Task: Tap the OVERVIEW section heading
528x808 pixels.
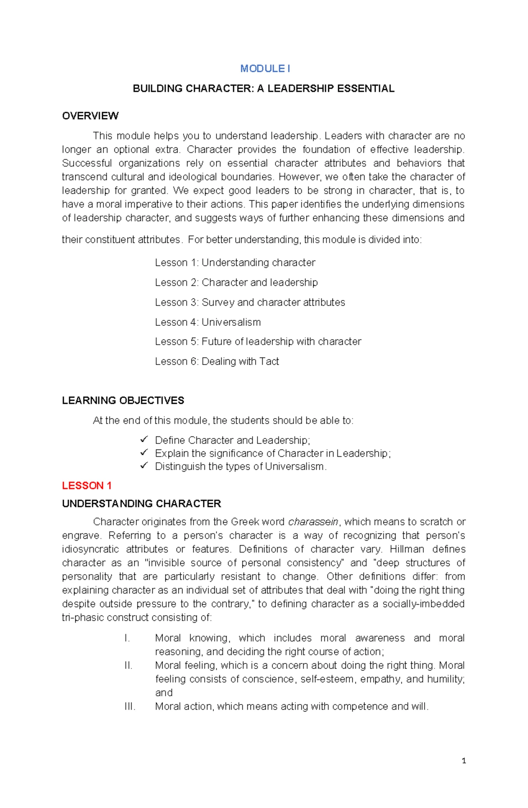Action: pyautogui.click(x=90, y=116)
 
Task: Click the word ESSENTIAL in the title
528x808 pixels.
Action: pyautogui.click(x=365, y=89)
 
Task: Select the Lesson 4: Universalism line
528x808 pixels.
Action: pyautogui.click(x=208, y=322)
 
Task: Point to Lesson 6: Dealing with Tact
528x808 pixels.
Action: pyautogui.click(x=217, y=362)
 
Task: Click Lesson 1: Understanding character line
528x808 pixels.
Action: pyautogui.click(x=235, y=263)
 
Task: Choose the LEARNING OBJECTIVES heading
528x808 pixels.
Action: pyautogui.click(x=123, y=401)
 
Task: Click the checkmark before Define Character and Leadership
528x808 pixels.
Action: pyautogui.click(x=144, y=439)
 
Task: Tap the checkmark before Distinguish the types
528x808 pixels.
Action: pyautogui.click(x=144, y=465)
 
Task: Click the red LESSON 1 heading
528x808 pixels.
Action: pyautogui.click(x=87, y=486)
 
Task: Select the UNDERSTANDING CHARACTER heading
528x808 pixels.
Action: pyautogui.click(x=141, y=504)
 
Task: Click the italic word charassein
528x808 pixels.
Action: pyautogui.click(x=313, y=522)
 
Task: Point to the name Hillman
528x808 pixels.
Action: pyautogui.click(x=407, y=550)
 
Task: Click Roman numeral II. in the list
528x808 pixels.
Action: pyautogui.click(x=128, y=666)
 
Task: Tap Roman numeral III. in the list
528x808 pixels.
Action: pyautogui.click(x=130, y=707)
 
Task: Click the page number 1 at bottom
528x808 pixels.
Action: pyautogui.click(x=464, y=761)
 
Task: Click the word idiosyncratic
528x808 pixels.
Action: pyautogui.click(x=90, y=550)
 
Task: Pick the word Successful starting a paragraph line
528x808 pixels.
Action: pyautogui.click(x=87, y=163)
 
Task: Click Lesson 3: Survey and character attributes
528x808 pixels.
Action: pyautogui.click(x=250, y=303)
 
